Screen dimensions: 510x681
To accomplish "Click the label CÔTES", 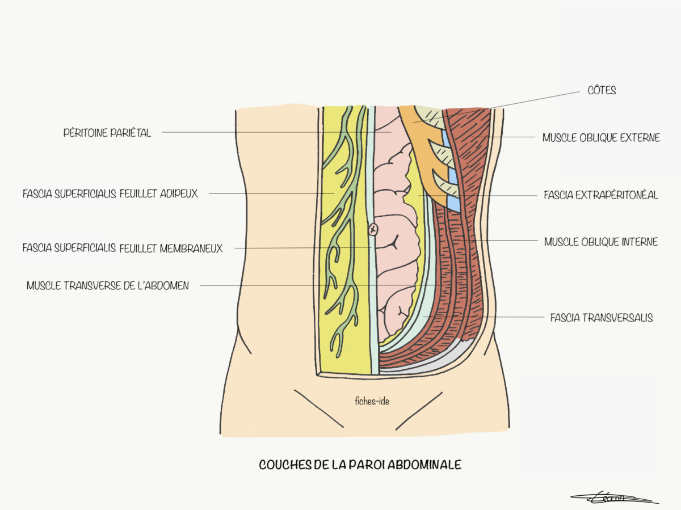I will [602, 90].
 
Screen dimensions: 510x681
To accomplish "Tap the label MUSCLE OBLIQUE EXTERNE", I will [601, 138].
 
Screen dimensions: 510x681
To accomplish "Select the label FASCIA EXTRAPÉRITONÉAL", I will [600, 195].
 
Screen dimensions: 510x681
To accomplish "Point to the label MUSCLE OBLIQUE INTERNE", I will [601, 242].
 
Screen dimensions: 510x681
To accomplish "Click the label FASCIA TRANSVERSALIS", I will [602, 318].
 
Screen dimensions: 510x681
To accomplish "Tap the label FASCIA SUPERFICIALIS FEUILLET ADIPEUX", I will [110, 193].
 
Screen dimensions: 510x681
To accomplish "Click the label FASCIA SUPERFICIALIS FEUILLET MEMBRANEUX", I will [123, 248].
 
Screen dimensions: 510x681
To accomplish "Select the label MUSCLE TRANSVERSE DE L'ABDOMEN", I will [108, 286].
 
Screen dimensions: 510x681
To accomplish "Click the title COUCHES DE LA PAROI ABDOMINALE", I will [360, 465].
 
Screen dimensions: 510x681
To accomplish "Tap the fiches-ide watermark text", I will [368, 401].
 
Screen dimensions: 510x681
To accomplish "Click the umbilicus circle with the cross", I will [373, 230].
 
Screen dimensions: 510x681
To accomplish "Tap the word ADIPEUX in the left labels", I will [178, 193].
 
